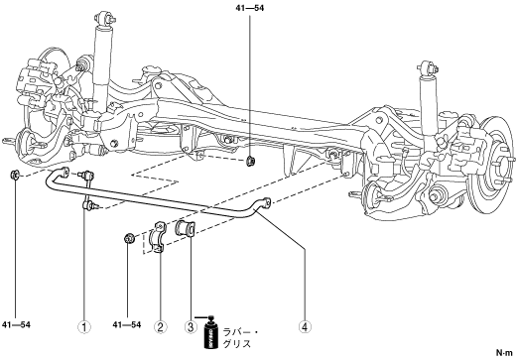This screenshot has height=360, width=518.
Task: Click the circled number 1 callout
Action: (x=84, y=327)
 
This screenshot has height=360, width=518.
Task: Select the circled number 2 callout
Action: (x=160, y=327)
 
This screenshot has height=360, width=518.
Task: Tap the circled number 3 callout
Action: (x=191, y=327)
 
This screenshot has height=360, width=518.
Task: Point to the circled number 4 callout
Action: (x=305, y=327)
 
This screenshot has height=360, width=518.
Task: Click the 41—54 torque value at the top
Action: (x=250, y=8)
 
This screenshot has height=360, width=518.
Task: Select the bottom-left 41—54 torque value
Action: (x=16, y=325)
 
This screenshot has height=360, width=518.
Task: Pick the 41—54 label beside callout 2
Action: (x=127, y=325)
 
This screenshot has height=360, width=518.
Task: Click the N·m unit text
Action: (x=504, y=353)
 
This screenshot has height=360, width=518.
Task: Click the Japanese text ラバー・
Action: (x=240, y=332)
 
